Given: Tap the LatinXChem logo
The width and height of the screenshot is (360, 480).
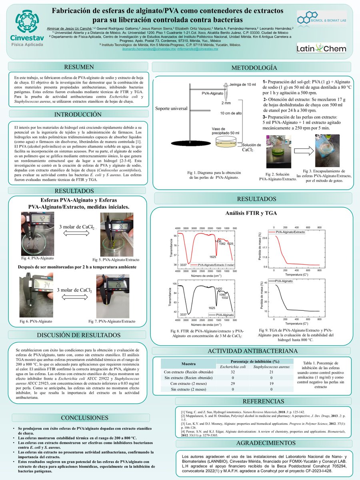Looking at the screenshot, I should point(321,49).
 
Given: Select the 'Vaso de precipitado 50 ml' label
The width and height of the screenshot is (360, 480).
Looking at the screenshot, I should point(225,131).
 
